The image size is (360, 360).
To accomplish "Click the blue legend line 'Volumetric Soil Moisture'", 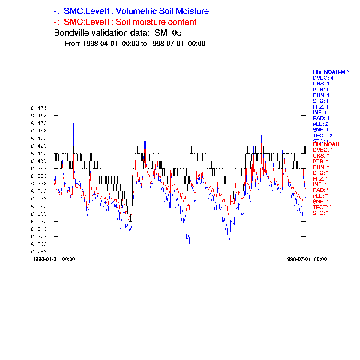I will (131, 11).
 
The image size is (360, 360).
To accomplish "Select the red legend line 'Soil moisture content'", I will (125, 22).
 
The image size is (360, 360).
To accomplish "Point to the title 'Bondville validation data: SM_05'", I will (118, 33).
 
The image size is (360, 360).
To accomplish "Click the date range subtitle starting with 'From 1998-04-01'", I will (135, 43).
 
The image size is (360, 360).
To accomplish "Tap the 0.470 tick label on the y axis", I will (39, 108).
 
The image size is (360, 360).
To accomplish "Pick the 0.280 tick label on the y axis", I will (39, 252).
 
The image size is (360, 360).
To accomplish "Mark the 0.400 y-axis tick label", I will (39, 161).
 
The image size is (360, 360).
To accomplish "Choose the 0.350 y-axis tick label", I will (39, 199).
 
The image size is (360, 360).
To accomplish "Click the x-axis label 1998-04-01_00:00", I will (54, 259).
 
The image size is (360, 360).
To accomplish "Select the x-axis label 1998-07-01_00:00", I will (305, 259).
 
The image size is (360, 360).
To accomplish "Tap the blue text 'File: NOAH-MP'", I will (331, 72).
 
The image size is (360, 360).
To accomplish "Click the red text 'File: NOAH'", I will (326, 144).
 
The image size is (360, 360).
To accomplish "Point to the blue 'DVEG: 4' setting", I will (323, 78).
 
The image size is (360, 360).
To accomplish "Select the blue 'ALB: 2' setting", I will (321, 124).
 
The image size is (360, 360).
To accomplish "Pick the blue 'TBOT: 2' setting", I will (322, 136).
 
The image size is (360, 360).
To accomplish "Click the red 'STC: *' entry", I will (320, 213).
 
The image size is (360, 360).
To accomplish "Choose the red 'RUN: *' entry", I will (321, 167).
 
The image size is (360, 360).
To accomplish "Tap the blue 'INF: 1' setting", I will (320, 112).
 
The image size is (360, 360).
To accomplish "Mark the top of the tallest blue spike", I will (190, 112).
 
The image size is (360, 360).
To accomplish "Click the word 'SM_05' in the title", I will (168, 33).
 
